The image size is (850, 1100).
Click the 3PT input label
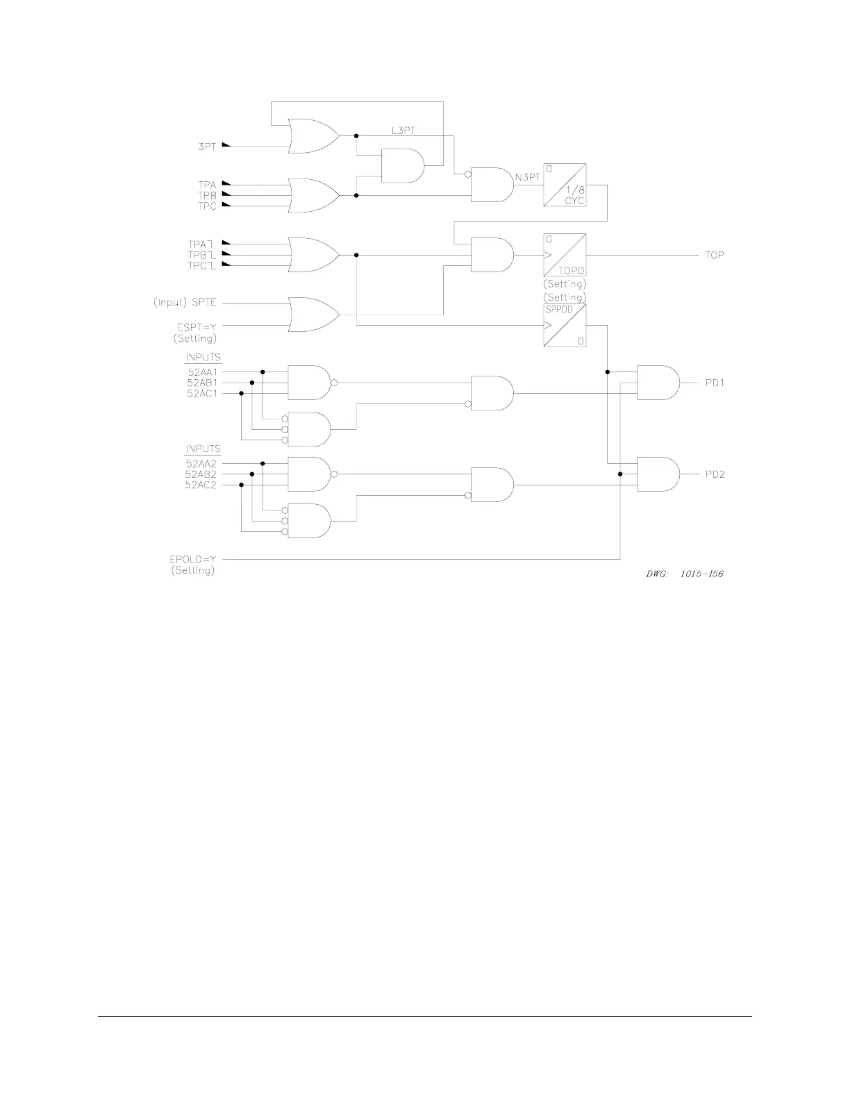(x=207, y=147)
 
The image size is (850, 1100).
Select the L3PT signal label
(x=403, y=130)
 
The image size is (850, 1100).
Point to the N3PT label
(x=528, y=178)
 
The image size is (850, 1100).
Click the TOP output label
(x=715, y=255)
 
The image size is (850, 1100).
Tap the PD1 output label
(x=715, y=383)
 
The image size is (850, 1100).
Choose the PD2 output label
(x=715, y=474)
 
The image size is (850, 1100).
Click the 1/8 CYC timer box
(x=565, y=185)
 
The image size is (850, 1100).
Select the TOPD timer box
(x=565, y=255)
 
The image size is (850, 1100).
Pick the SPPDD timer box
(x=565, y=326)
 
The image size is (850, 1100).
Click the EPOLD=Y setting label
(x=194, y=558)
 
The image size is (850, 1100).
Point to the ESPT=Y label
(x=197, y=326)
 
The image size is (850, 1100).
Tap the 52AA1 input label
(x=201, y=372)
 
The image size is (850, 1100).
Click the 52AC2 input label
(x=201, y=485)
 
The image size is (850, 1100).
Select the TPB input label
(x=207, y=196)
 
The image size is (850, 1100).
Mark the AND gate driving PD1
(x=657, y=383)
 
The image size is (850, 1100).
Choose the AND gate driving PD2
(x=657, y=474)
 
